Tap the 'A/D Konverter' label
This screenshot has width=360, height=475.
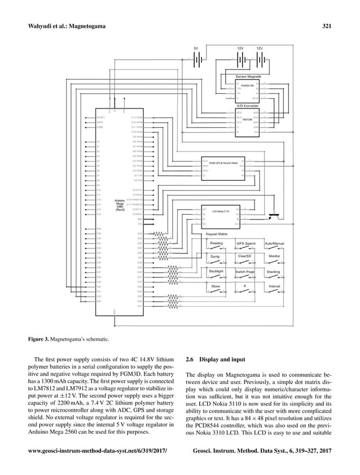coord(247,106)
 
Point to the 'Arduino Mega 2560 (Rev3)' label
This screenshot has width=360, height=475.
coord(120,204)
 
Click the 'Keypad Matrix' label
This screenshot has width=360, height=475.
coord(215,233)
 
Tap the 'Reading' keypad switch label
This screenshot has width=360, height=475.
coord(216,243)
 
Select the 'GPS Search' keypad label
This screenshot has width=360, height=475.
coord(246,243)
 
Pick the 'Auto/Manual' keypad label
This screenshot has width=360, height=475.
coord(274,243)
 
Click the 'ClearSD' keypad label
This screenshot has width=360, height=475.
coord(245,256)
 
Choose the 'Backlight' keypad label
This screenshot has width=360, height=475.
coord(216,271)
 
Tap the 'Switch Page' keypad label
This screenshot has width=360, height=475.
coord(245,272)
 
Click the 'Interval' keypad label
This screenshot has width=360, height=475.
coord(275,286)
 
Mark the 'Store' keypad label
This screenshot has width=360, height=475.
coord(216,286)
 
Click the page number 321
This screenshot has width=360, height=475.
coord(326,25)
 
